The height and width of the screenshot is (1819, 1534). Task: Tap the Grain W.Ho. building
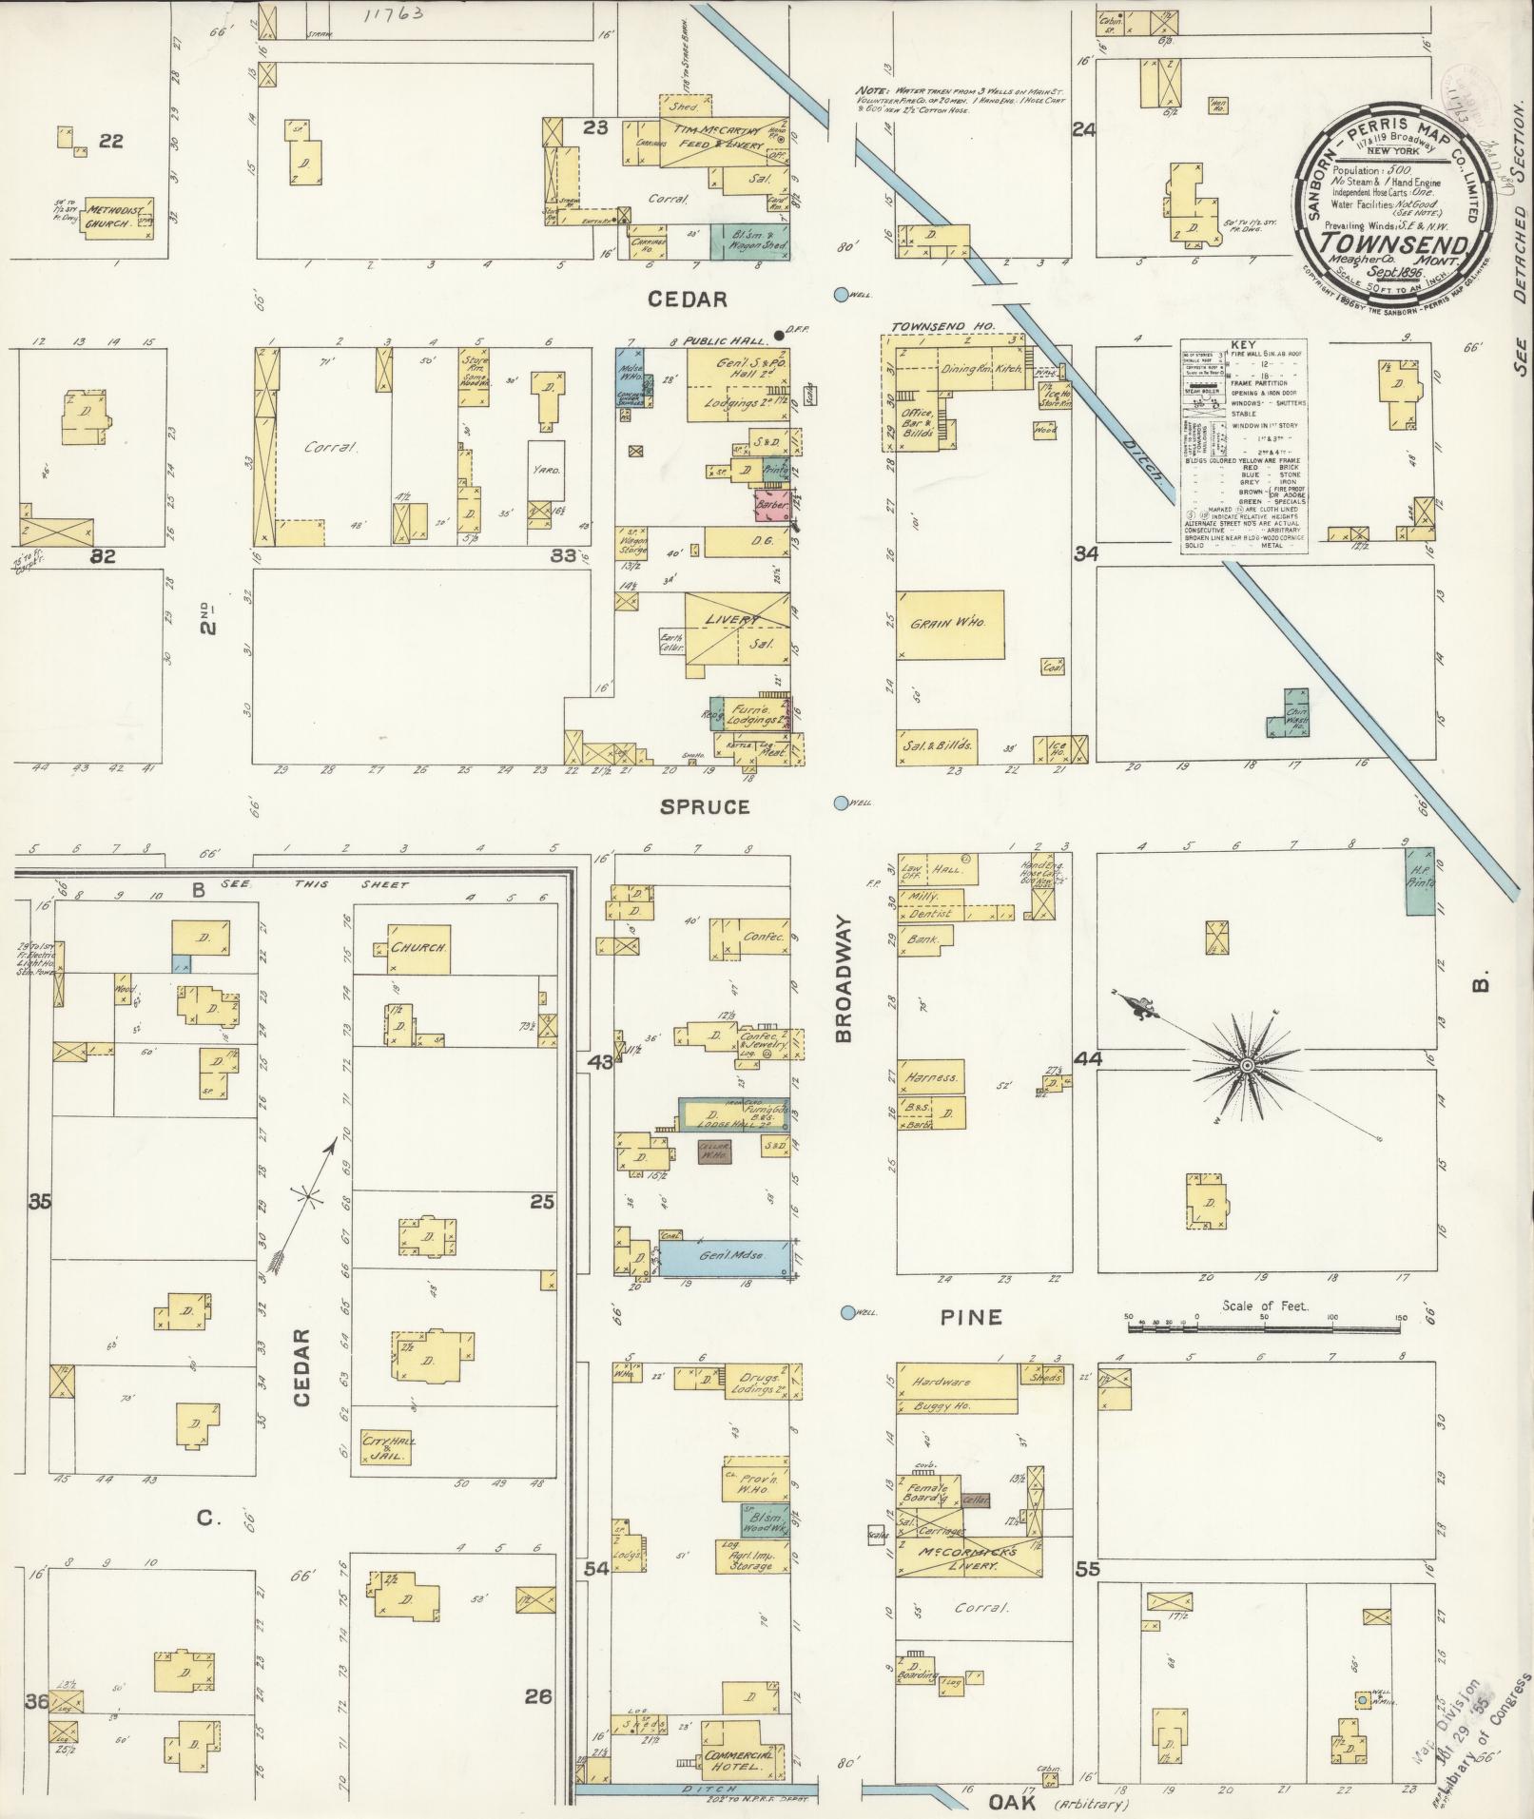[950, 625]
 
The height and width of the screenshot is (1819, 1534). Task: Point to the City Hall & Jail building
[384, 1475]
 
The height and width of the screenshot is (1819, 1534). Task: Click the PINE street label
[971, 1316]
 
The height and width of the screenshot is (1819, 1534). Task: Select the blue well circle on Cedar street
[841, 295]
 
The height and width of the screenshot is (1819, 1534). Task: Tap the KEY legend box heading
[1242, 346]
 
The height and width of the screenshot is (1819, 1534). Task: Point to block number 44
[1086, 1058]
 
